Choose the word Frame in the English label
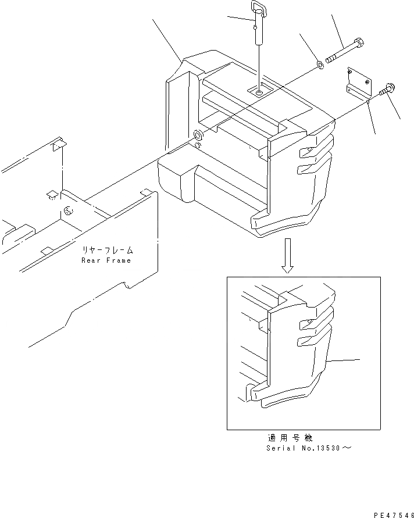(119, 260)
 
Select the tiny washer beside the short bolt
(370, 101)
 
